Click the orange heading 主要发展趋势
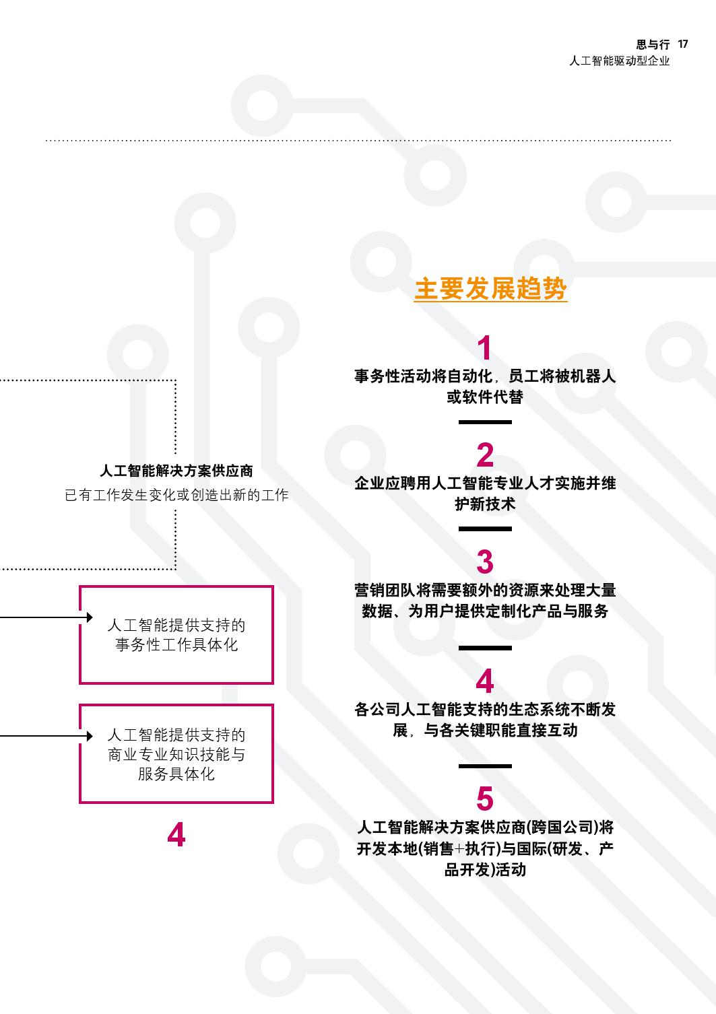pyautogui.click(x=490, y=289)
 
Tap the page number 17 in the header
pyautogui.click(x=683, y=44)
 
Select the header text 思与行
pyautogui.click(x=653, y=45)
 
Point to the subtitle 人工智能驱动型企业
pyautogui.click(x=619, y=61)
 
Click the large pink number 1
pyautogui.click(x=484, y=349)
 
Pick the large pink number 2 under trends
pyautogui.click(x=485, y=456)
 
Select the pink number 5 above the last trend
pyautogui.click(x=485, y=799)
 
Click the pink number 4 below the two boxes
pyautogui.click(x=176, y=835)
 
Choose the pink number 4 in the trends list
pyautogui.click(x=485, y=682)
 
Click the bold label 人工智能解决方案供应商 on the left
pyautogui.click(x=176, y=471)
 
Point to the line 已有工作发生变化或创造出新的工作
pyautogui.click(x=176, y=496)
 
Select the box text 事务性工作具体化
pyautogui.click(x=176, y=645)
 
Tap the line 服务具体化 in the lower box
pyautogui.click(x=176, y=774)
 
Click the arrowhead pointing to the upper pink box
pyautogui.click(x=89, y=617)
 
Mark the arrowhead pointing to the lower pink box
pyautogui.click(x=89, y=736)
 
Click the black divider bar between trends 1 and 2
pyautogui.click(x=485, y=422)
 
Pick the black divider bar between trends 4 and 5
pyautogui.click(x=485, y=766)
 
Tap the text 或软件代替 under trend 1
pyautogui.click(x=485, y=397)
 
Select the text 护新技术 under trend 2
pyautogui.click(x=485, y=504)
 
